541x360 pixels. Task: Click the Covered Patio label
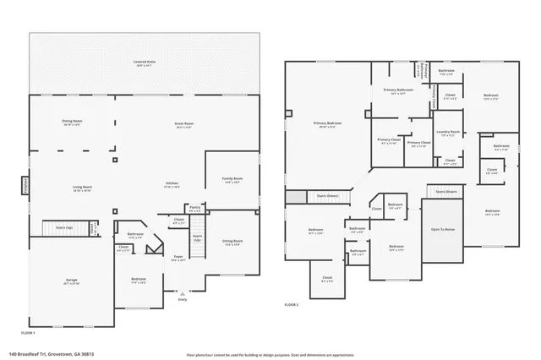pyautogui.click(x=146, y=63)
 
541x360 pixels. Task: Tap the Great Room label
pyautogui.click(x=184, y=125)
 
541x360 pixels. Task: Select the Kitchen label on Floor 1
pyautogui.click(x=172, y=184)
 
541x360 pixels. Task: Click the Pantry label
pyautogui.click(x=194, y=207)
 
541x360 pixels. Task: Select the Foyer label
pyautogui.click(x=178, y=258)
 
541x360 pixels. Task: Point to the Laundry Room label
pyautogui.click(x=448, y=133)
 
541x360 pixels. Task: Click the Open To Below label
pyautogui.click(x=443, y=229)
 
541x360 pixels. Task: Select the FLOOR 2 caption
pyautogui.click(x=292, y=304)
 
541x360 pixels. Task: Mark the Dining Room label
pyautogui.click(x=72, y=123)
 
